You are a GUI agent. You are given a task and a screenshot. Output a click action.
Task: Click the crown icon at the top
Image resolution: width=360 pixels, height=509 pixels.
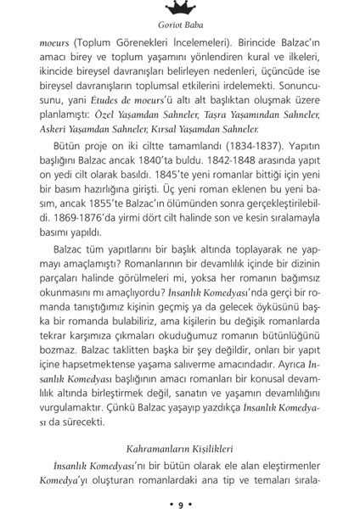(x=179, y=8)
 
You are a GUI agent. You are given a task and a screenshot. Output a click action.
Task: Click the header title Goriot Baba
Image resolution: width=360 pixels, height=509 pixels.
(x=179, y=26)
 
